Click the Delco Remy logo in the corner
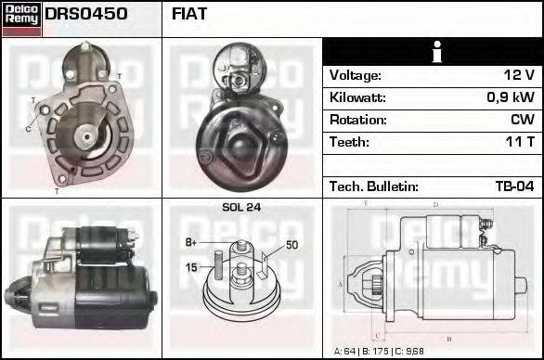coord(21,18)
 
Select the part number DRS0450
coord(86,15)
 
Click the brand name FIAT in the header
coord(189,15)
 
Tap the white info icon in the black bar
coord(433,53)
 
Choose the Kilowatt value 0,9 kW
coord(510,97)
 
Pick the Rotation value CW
coord(523,120)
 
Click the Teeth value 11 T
coord(519,142)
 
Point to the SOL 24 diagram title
coord(241,207)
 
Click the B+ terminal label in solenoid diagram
coord(192,243)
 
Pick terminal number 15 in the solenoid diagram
coord(192,268)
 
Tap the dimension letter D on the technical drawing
coord(435,204)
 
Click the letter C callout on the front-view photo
coord(28,128)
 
